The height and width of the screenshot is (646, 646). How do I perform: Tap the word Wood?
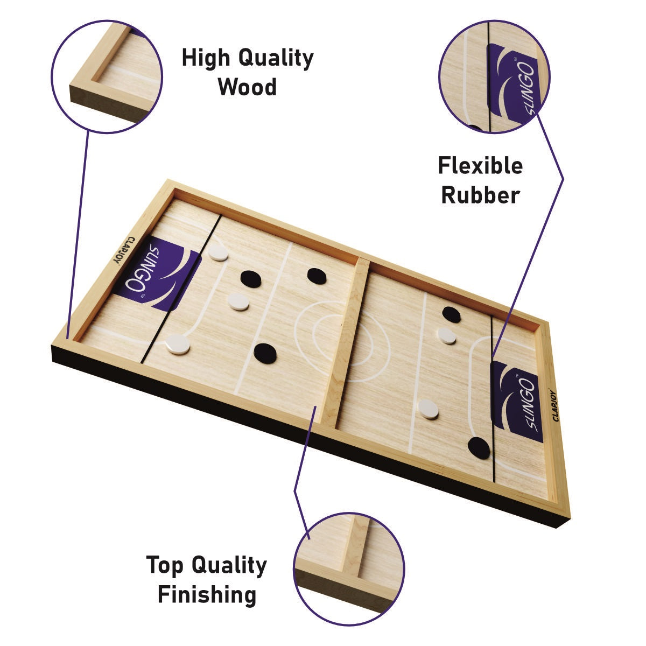[248, 87]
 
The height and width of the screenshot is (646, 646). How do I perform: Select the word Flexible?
[480, 166]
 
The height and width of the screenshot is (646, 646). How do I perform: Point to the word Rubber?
[480, 195]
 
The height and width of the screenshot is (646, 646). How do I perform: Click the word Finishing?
[207, 594]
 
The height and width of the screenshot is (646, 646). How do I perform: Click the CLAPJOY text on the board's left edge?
[123, 250]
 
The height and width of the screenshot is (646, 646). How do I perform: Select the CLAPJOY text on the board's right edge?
[556, 406]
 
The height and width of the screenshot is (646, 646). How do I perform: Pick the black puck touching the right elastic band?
[479, 448]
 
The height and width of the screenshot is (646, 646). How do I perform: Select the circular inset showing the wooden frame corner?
[107, 77]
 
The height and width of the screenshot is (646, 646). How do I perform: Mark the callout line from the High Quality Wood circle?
[78, 235]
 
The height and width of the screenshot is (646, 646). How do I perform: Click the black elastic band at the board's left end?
[181, 289]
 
